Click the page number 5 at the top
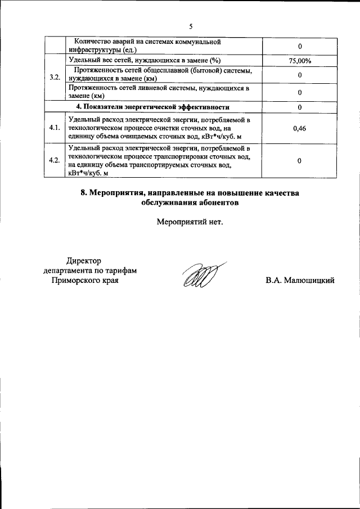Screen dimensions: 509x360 (191, 26)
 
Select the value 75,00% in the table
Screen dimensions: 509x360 (300, 60)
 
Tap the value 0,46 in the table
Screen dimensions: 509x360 (300, 128)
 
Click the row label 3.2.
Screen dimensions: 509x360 (55, 76)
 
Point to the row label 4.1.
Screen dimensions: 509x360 (55, 128)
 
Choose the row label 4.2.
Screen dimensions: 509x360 (55, 161)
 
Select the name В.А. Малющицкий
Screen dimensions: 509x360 (300, 280)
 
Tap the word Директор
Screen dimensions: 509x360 (83, 260)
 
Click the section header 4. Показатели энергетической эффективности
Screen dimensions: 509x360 (153, 107)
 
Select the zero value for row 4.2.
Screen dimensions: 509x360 (300, 161)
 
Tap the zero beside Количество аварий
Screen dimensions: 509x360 (300, 46)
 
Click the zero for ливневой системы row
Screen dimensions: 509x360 (300, 92)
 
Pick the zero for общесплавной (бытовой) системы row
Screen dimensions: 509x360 (300, 75)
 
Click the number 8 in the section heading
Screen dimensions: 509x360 (83, 193)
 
